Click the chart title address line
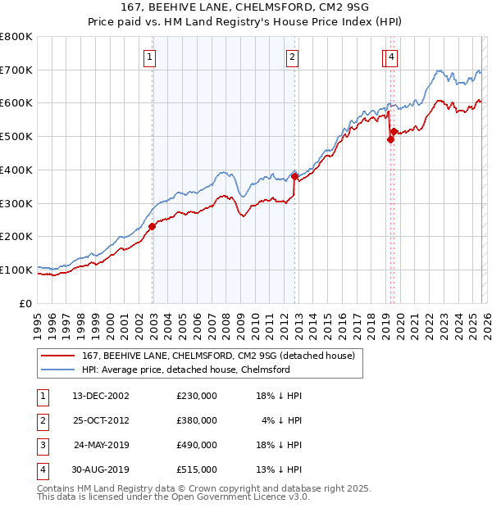tap(245, 9)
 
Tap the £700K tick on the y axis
tap(16, 70)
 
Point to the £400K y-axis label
tap(16, 170)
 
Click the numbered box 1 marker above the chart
tap(152, 57)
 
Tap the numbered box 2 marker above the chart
tap(293, 57)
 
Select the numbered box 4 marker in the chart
tap(393, 57)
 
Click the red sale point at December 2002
tap(153, 227)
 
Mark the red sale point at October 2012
tap(294, 176)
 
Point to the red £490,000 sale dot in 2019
tap(390, 139)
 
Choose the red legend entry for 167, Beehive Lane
tap(218, 356)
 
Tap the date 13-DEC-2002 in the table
tap(101, 396)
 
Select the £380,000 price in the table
tap(197, 420)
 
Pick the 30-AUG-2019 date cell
tap(101, 469)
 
